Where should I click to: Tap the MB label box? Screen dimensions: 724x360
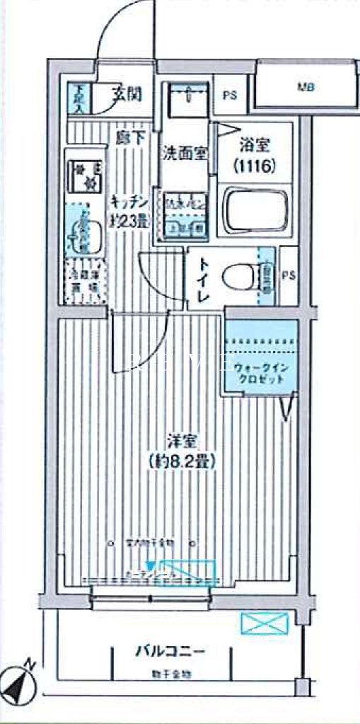(x=306, y=88)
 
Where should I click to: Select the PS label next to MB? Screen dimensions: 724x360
(x=231, y=93)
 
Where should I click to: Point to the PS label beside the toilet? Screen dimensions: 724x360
(x=289, y=275)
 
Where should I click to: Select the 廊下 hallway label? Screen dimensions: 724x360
(x=129, y=139)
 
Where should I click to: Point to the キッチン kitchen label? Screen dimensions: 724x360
(x=128, y=202)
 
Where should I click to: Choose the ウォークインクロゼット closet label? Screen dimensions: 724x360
(x=259, y=373)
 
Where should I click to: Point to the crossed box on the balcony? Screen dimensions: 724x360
(x=265, y=623)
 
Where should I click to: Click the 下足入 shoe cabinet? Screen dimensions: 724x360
(x=79, y=99)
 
